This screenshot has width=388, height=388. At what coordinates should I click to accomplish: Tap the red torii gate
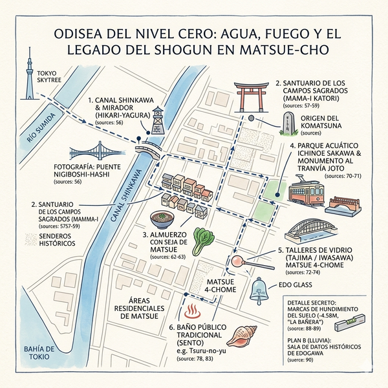click(253, 96)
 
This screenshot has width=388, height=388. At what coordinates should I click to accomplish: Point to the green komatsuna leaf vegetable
click(206, 239)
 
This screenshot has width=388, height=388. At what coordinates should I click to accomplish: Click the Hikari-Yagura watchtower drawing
click(158, 120)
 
